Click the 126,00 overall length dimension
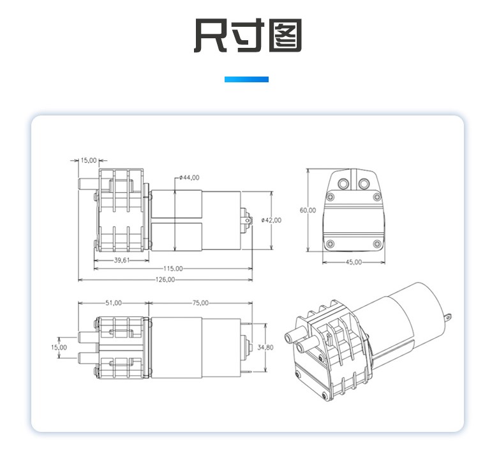pyautogui.click(x=165, y=279)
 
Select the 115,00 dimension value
pyautogui.click(x=173, y=269)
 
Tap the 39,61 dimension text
pyautogui.click(x=122, y=260)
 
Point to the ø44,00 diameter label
pyautogui.click(x=190, y=177)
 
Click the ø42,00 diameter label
pyautogui.click(x=271, y=220)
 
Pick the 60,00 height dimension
pyautogui.click(x=308, y=211)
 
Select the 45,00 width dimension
pyautogui.click(x=354, y=262)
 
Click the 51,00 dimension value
pyautogui.click(x=114, y=303)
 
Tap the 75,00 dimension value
pyautogui.click(x=200, y=303)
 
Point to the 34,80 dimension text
pyautogui.click(x=265, y=348)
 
